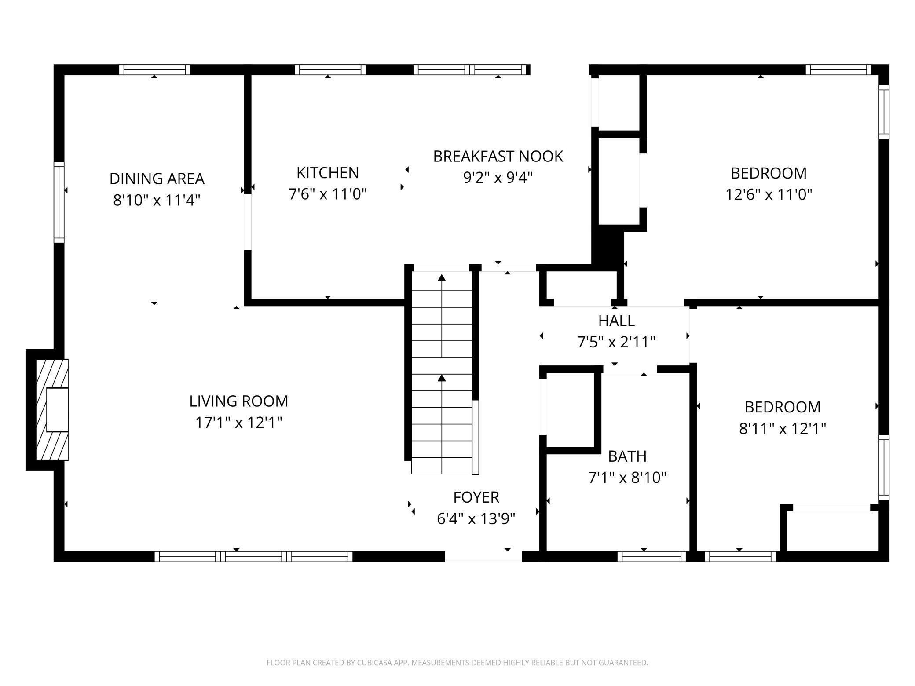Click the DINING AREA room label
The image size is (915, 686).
tap(157, 179)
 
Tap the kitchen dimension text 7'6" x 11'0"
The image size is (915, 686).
tap(327, 193)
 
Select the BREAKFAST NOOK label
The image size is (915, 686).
tap(498, 157)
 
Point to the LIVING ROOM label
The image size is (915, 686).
tap(238, 401)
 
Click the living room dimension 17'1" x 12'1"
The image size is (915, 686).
tap(238, 423)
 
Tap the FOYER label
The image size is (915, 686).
tap(476, 497)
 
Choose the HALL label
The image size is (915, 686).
tap(616, 321)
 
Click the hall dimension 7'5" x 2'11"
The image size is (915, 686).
tap(616, 342)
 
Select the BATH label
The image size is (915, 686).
tap(627, 456)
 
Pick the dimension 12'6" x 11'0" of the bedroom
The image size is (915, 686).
tap(768, 194)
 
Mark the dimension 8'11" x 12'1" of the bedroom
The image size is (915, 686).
tap(782, 428)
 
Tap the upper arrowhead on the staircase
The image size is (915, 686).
tap(442, 278)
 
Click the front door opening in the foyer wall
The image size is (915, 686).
tap(483, 556)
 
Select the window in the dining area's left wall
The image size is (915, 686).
tap(59, 202)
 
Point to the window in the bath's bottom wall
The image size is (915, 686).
tap(651, 557)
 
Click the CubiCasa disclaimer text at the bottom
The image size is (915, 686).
tap(457, 663)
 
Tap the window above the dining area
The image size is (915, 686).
tap(154, 69)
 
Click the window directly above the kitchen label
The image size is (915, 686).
tap(330, 69)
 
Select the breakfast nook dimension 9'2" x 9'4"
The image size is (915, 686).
tap(498, 177)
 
